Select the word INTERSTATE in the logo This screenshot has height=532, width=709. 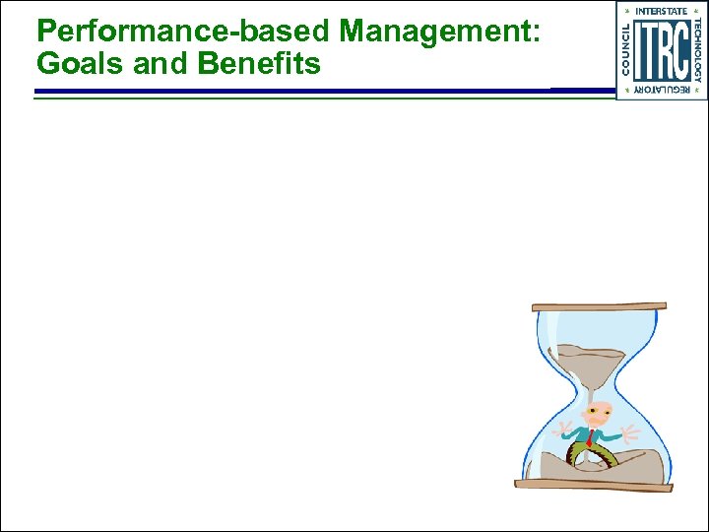(661, 11)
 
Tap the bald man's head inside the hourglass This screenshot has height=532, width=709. (596, 413)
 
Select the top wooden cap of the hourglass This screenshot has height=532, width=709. (598, 306)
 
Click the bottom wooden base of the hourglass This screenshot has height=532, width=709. (593, 484)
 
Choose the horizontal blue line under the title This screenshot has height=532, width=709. (295, 91)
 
